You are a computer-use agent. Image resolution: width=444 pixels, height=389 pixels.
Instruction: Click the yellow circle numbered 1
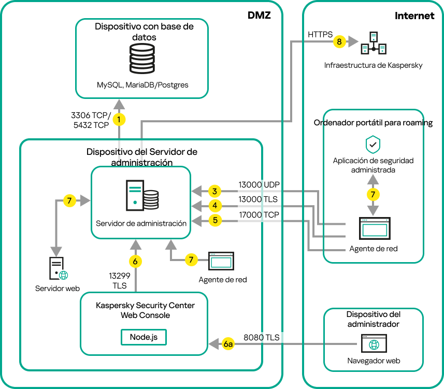(120, 120)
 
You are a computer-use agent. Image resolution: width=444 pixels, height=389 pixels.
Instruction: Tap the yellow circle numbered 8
(339, 42)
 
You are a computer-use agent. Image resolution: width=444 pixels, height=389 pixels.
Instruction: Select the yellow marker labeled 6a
(228, 343)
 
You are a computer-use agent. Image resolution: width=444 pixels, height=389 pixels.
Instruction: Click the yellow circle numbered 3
(213, 191)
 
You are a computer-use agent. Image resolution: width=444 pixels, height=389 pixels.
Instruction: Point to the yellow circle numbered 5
(213, 221)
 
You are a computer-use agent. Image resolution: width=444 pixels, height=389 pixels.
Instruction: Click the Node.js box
(144, 337)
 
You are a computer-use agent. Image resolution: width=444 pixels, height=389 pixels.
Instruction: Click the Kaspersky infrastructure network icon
(374, 43)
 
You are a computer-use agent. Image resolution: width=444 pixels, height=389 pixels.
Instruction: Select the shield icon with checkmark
(373, 144)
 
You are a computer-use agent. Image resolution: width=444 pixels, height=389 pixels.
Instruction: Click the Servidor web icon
(57, 269)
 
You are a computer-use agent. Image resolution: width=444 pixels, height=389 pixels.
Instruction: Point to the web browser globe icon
(374, 344)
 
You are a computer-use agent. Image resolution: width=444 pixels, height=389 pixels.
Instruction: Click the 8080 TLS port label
(261, 337)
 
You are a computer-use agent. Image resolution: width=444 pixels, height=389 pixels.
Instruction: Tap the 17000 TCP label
(259, 214)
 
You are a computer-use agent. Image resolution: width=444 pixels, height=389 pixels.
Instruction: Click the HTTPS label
(321, 34)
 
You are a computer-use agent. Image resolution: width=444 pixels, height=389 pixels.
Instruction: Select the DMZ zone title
(259, 16)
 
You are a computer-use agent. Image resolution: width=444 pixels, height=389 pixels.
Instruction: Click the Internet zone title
(414, 16)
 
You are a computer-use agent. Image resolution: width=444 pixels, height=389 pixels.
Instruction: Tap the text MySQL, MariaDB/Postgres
(142, 84)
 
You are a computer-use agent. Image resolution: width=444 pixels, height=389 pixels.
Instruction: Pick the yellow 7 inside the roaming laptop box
(373, 194)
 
